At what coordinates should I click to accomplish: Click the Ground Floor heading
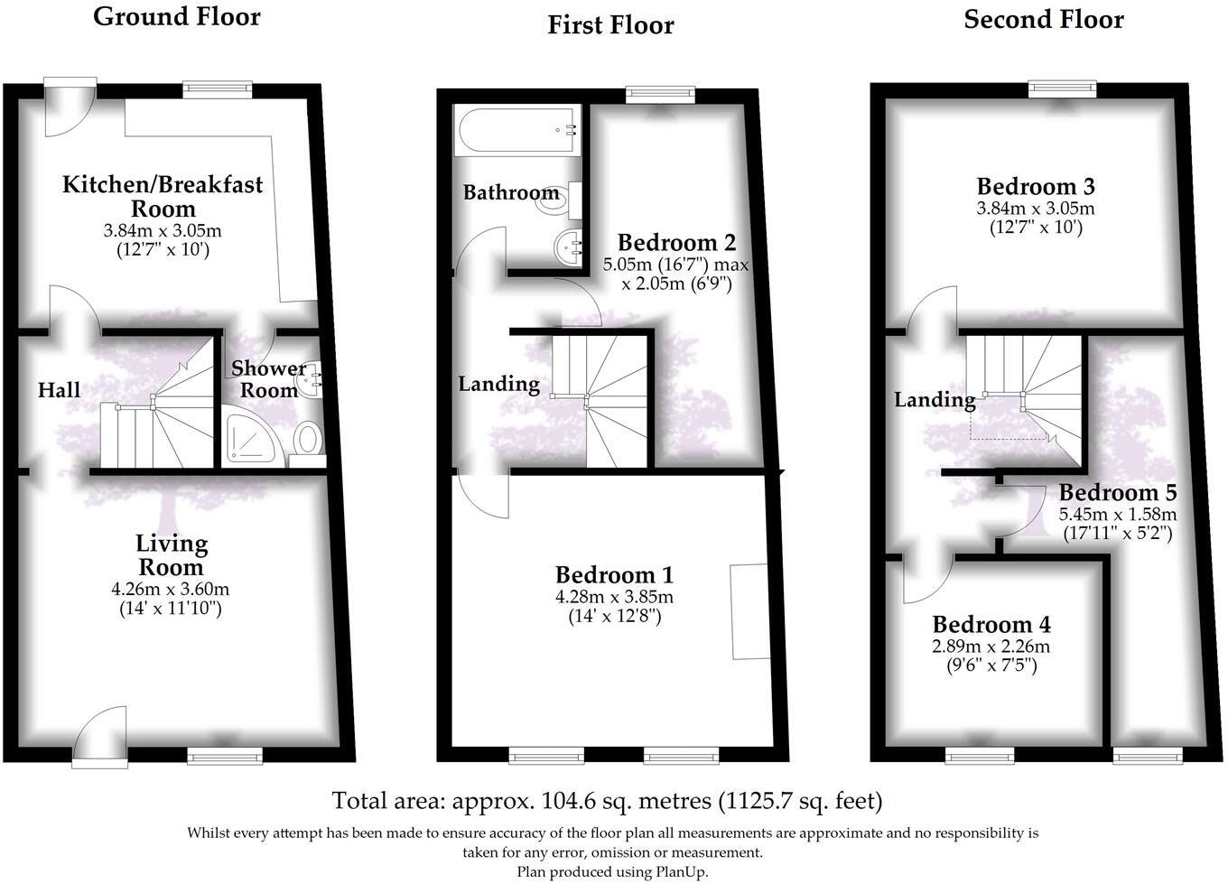click(x=176, y=16)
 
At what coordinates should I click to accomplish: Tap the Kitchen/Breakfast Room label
click(x=163, y=196)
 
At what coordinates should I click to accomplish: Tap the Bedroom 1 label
click(x=614, y=574)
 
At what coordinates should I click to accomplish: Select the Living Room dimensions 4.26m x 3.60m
click(x=170, y=590)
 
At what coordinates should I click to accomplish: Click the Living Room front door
click(x=99, y=736)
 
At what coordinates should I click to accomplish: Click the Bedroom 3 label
click(x=1036, y=186)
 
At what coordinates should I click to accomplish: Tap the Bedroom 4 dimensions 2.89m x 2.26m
click(x=991, y=647)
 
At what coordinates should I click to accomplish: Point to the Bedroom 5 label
click(x=1118, y=492)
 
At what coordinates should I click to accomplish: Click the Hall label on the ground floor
click(x=59, y=390)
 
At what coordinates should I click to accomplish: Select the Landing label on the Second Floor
click(x=935, y=399)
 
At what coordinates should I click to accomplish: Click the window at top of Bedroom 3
click(x=1063, y=88)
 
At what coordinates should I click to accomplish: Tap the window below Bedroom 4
click(x=980, y=755)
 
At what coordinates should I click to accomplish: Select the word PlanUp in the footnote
click(x=684, y=871)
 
